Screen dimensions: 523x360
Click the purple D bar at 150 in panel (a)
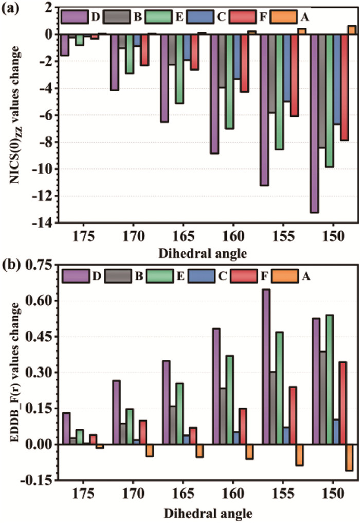pyautogui.click(x=315, y=124)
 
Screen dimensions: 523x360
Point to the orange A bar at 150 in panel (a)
pyautogui.click(x=352, y=30)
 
